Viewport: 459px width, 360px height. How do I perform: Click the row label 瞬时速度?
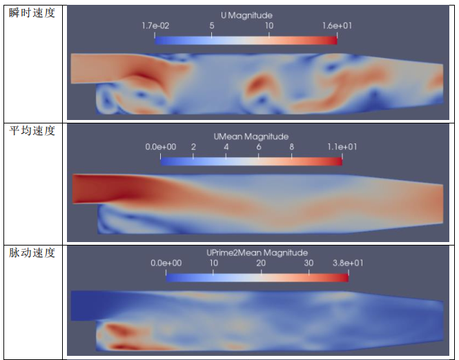coord(32,13)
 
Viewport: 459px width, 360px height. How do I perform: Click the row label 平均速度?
coord(32,131)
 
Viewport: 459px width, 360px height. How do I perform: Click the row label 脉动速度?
coord(32,253)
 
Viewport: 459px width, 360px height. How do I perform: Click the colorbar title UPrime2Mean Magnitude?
coord(257,252)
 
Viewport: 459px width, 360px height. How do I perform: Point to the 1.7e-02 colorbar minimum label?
coord(157,26)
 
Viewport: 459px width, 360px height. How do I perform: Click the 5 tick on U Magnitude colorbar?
coord(211,26)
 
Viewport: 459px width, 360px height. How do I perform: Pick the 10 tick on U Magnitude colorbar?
coord(268,26)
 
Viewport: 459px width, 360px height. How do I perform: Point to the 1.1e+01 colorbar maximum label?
coord(342,147)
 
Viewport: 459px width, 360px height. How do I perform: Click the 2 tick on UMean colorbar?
coord(193,147)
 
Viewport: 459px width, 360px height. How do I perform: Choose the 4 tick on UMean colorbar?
coord(226,147)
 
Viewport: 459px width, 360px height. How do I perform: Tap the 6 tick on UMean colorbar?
coord(259,147)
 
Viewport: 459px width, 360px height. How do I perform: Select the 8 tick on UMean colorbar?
coord(292,147)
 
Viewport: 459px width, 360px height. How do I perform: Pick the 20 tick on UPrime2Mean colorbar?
coord(261,263)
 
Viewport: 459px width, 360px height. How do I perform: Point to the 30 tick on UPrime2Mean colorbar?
coord(309,263)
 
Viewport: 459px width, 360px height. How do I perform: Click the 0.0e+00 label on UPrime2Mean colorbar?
coord(166,263)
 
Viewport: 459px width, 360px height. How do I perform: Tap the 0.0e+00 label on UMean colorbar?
coord(160,147)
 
